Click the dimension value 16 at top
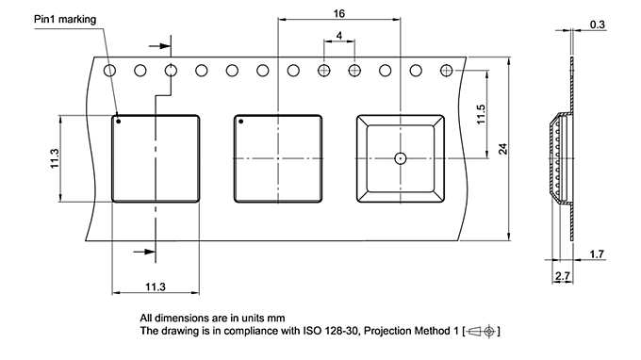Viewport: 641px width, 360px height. click(x=337, y=12)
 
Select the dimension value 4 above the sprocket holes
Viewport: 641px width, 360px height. click(x=337, y=36)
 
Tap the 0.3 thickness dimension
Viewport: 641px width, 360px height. click(x=597, y=24)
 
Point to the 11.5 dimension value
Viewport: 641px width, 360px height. click(x=481, y=115)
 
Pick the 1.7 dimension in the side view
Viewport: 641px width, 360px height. click(x=597, y=254)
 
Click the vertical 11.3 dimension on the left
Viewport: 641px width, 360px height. click(x=55, y=157)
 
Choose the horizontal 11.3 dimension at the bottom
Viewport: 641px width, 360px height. click(x=156, y=286)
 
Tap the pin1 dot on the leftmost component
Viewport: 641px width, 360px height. click(x=119, y=121)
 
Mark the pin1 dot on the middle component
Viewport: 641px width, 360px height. click(x=240, y=121)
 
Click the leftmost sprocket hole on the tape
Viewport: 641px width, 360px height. click(x=110, y=70)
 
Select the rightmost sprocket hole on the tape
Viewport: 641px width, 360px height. click(x=445, y=70)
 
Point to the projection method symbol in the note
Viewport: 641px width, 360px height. click(x=484, y=331)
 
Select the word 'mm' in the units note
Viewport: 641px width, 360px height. click(x=276, y=318)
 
